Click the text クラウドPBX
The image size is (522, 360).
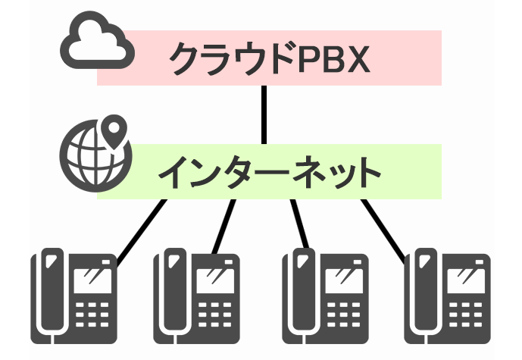(269, 58)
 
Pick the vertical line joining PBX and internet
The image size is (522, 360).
(264, 114)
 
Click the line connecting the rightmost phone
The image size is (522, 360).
(389, 227)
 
